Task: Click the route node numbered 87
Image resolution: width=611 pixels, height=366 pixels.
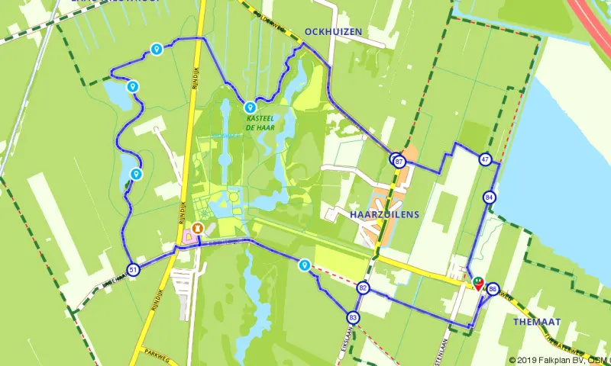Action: (x=399, y=161)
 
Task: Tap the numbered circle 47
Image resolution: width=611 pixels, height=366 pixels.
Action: (x=485, y=159)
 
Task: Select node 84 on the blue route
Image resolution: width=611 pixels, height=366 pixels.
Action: (x=489, y=197)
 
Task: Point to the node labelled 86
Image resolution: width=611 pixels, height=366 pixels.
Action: (x=493, y=289)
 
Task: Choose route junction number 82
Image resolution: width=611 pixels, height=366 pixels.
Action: (x=363, y=287)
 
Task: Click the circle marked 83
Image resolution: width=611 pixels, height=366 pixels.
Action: (x=352, y=316)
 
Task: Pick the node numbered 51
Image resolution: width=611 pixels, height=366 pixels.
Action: (x=134, y=270)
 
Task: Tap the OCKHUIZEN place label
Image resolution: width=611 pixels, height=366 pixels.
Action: (x=332, y=31)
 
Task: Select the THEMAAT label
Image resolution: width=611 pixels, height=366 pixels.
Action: (x=538, y=322)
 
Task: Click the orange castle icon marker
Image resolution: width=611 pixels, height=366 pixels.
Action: (x=198, y=228)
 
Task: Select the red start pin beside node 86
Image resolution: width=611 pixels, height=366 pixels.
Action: (x=478, y=284)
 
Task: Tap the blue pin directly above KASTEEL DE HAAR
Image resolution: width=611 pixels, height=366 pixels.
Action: (x=250, y=107)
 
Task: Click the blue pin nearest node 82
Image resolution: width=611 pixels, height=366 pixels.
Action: (x=305, y=265)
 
